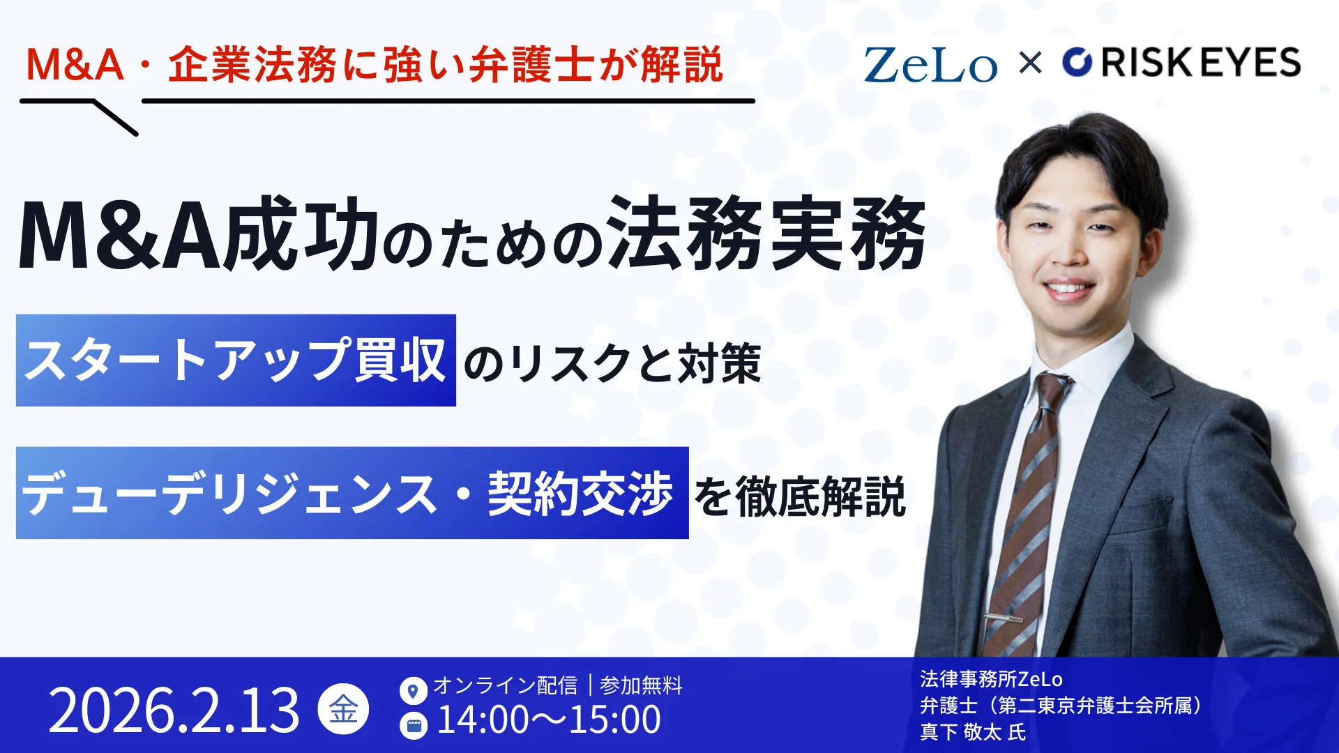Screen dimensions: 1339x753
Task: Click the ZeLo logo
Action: [x=930, y=65]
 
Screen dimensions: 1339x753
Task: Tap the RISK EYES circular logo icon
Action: [x=1077, y=62]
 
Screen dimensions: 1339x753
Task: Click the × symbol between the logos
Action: [x=1030, y=63]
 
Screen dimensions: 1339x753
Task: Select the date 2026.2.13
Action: [x=174, y=710]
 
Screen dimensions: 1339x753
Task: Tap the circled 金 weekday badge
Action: [x=343, y=710]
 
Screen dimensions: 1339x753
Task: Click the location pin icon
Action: [x=413, y=691]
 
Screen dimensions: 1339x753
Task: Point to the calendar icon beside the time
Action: [x=413, y=725]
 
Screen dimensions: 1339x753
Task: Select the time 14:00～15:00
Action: [x=549, y=720]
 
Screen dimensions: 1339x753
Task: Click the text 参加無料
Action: [x=641, y=685]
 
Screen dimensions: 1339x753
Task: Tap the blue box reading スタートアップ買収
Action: [x=236, y=360]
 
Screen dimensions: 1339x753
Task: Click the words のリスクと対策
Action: [x=612, y=363]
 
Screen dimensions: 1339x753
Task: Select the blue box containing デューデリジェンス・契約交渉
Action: [x=352, y=492]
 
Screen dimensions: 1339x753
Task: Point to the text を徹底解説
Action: [x=800, y=496]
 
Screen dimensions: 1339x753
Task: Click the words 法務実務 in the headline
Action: [x=766, y=233]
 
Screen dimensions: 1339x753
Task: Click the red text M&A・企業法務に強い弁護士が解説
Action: [x=374, y=65]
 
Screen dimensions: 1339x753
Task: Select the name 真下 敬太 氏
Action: [x=973, y=732]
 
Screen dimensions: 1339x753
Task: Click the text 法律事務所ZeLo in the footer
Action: [x=991, y=679]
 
